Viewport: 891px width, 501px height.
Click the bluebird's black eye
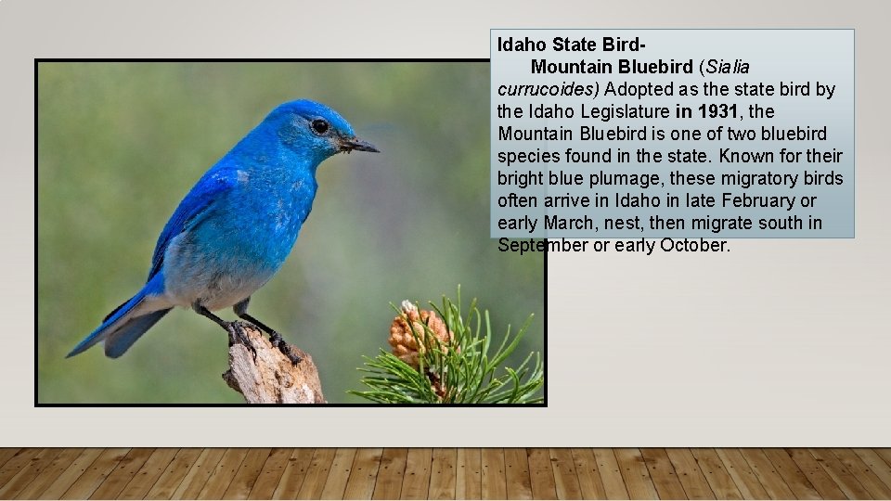[x=319, y=125]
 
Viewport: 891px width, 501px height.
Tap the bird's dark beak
[x=360, y=146]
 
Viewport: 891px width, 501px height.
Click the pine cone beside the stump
[x=417, y=333]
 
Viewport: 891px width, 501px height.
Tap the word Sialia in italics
[x=729, y=67]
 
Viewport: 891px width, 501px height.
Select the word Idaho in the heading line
[x=523, y=44]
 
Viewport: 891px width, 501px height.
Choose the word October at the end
[x=695, y=245]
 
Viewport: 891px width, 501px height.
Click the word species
[x=527, y=156]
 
